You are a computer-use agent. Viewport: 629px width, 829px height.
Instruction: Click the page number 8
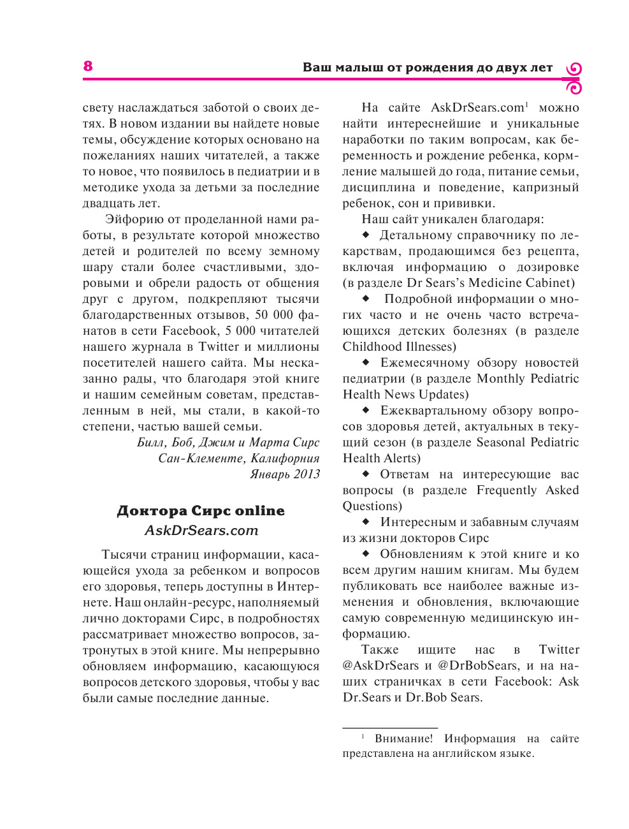(x=88, y=66)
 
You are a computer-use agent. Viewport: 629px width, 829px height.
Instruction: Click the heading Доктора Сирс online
(x=201, y=511)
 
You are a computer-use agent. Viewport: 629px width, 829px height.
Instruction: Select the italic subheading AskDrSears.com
(x=201, y=531)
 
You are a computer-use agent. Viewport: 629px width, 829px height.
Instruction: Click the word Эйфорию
(x=134, y=219)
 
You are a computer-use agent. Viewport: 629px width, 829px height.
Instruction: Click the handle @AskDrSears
(x=380, y=666)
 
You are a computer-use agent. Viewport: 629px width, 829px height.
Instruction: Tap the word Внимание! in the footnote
(x=403, y=738)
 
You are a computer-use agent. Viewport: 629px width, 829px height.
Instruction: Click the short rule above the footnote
(x=390, y=728)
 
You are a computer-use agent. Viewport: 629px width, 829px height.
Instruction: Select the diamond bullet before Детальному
(x=366, y=235)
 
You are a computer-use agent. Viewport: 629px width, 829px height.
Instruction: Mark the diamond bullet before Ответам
(x=366, y=474)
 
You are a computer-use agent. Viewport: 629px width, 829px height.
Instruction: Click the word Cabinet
(x=549, y=283)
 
